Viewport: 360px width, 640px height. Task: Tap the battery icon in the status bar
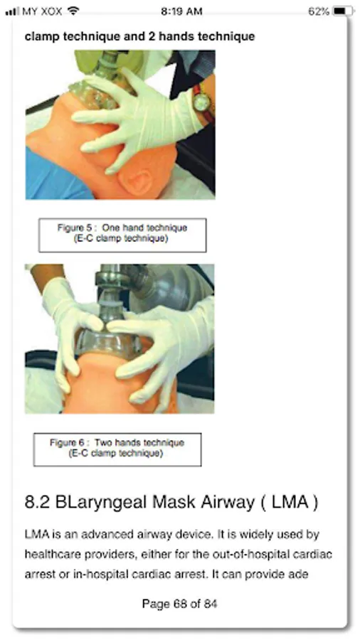(344, 11)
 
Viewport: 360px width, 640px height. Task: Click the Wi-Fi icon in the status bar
(73, 11)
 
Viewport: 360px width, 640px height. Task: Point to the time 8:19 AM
(181, 11)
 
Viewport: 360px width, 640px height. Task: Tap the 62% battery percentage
(319, 11)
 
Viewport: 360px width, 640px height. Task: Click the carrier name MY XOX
(42, 11)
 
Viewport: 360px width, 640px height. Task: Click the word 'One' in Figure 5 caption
(111, 228)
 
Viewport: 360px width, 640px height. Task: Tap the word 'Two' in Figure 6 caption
(104, 442)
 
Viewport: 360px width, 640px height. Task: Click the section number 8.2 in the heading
(37, 502)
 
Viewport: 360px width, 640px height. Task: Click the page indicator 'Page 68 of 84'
(179, 603)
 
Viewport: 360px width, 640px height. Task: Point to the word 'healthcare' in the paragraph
(53, 554)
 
